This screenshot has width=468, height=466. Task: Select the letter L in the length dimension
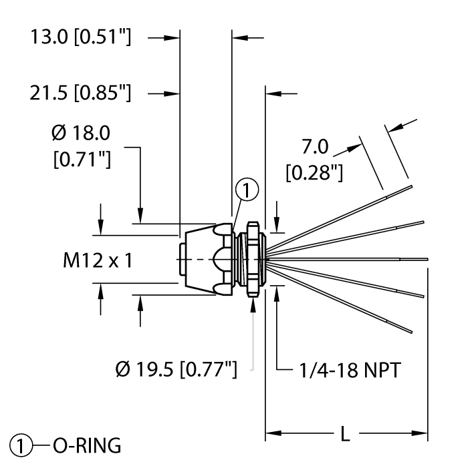[x=345, y=434]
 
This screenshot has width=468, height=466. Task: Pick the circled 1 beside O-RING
[x=21, y=444]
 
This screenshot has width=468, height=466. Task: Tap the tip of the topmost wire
[x=413, y=187]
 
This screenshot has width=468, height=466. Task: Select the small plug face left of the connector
[x=185, y=258]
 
